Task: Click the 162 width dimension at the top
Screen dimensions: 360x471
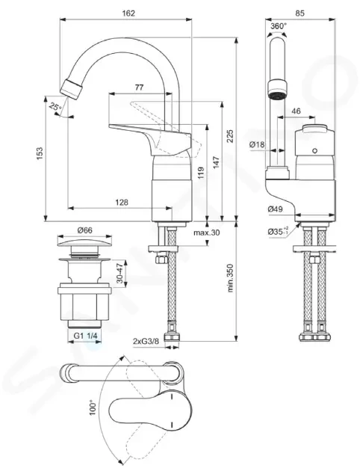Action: coord(128,13)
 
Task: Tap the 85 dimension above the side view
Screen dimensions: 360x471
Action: coord(300,13)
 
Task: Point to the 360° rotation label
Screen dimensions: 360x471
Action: coord(279,26)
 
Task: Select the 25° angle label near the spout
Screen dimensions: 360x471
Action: coord(55,107)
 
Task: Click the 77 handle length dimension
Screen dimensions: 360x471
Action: coord(139,87)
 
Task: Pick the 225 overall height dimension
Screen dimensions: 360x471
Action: coord(229,136)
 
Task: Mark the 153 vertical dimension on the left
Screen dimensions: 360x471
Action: coord(40,153)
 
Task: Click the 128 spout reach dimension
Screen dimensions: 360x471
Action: coord(122,203)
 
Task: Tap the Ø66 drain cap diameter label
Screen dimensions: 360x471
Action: coord(85,230)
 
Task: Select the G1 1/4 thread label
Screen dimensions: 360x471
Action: coord(86,336)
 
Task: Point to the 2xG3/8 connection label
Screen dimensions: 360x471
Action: coord(146,341)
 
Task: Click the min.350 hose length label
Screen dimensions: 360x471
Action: coord(230,278)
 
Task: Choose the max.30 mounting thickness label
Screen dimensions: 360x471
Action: coord(207,233)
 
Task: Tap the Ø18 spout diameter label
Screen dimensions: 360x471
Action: coord(258,144)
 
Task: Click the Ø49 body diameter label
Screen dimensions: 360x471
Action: coord(276,209)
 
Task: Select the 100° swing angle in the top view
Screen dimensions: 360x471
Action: coord(93,407)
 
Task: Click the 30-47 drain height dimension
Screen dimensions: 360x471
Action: coord(120,272)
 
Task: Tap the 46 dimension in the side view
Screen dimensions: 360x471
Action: coord(296,111)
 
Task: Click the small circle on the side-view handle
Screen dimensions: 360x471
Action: coord(314,150)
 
